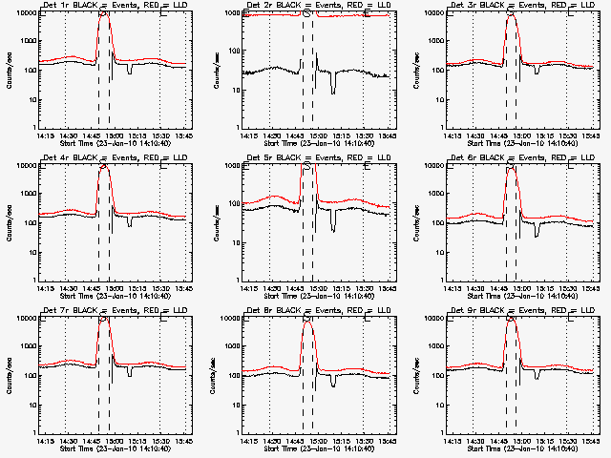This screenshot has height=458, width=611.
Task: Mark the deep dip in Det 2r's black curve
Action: pos(333,91)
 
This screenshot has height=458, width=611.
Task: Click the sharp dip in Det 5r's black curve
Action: pos(333,230)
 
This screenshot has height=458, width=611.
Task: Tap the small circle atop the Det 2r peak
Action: pos(306,13)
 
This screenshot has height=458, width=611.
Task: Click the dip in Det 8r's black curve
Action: pos(333,383)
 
